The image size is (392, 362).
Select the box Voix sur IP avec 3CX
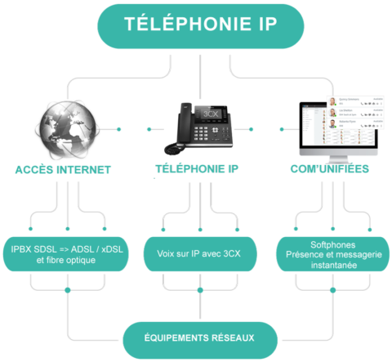[198, 254]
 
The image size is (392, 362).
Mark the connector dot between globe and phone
[147, 128]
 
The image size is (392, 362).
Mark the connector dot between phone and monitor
[252, 128]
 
